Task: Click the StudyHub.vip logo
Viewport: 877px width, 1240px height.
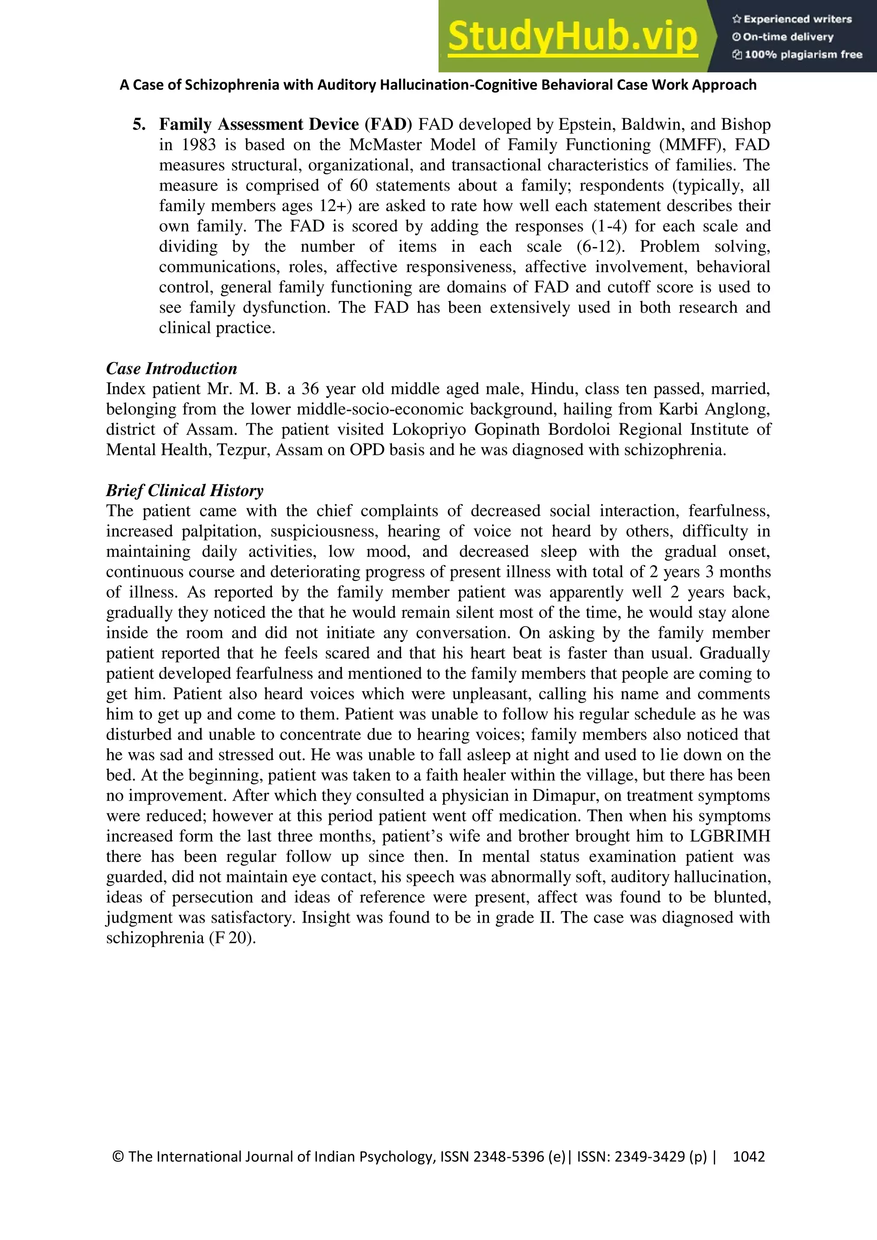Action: point(573,36)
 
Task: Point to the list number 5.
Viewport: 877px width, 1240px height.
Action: point(139,125)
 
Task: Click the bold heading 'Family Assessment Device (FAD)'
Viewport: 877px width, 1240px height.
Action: point(285,125)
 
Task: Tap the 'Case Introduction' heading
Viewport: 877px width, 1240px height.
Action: point(171,369)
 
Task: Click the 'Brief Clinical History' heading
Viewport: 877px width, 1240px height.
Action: point(184,490)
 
